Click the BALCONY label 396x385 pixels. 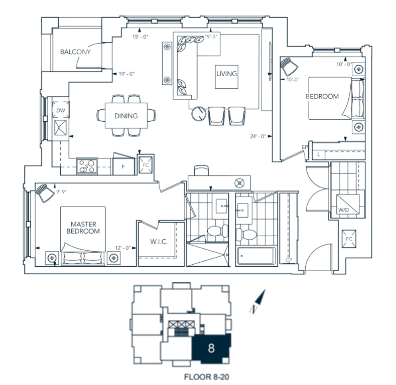pos(75,52)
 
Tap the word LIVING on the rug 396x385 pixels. pos(226,74)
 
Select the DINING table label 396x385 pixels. pos(126,116)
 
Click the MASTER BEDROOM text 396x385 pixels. pos(83,228)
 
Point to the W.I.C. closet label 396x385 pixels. pos(159,242)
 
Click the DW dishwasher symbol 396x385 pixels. pos(61,110)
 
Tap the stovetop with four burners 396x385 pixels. pos(87,166)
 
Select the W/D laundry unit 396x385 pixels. pos(348,204)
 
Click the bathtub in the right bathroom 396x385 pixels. pos(256,256)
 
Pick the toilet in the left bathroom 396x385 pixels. pos(217,231)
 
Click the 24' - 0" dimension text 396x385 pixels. pos(258,136)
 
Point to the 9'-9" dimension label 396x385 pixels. pos(61,191)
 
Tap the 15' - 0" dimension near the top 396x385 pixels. pos(140,37)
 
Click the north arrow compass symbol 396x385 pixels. pos(258,301)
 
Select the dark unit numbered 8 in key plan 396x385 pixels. pos(211,348)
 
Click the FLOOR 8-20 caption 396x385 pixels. pos(207,377)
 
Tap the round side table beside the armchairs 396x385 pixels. pos(199,114)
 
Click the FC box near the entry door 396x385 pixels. pos(349,239)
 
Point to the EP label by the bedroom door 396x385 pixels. pos(305,147)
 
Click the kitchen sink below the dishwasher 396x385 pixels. pos(60,128)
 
